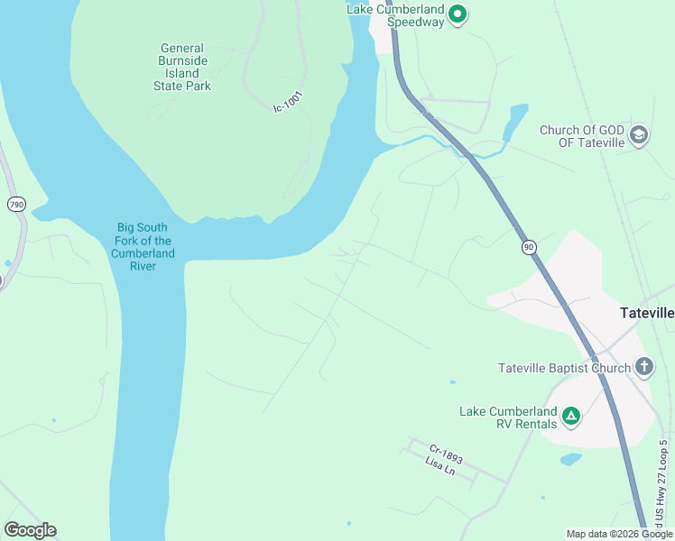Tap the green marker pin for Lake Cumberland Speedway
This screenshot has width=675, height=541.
click(x=458, y=14)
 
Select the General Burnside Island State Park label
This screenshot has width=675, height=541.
click(x=182, y=67)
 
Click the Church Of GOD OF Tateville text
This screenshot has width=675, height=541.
click(x=582, y=136)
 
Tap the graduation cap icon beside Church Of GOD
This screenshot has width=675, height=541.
click(x=640, y=135)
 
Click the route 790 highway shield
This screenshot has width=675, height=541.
click(x=16, y=205)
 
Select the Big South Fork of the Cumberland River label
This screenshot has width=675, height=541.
click(x=143, y=247)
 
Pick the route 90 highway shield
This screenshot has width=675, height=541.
click(x=528, y=246)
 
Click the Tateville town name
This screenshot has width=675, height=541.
click(x=647, y=313)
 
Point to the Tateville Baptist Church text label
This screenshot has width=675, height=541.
click(x=564, y=367)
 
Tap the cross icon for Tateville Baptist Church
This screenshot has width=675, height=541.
click(x=644, y=366)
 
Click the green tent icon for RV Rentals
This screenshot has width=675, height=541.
click(x=570, y=416)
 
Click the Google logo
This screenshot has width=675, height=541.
click(x=30, y=530)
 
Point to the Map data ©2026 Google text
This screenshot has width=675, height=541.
click(x=619, y=534)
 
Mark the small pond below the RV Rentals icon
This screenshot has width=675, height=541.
click(x=570, y=459)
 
